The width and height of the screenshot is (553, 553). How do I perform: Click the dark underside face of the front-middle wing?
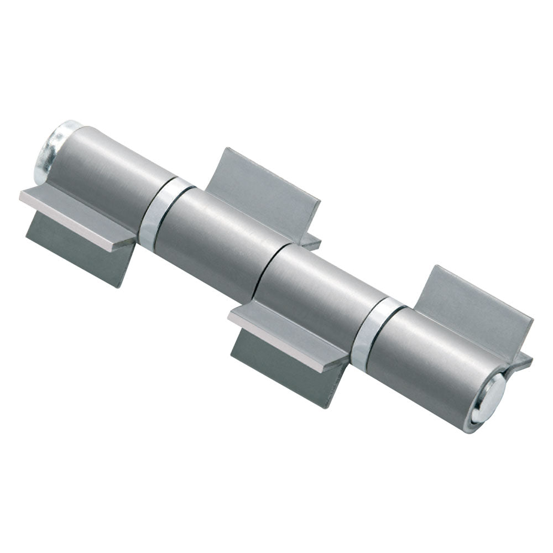(x=282, y=368)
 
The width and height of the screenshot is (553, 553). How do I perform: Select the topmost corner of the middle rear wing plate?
(x=227, y=148)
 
